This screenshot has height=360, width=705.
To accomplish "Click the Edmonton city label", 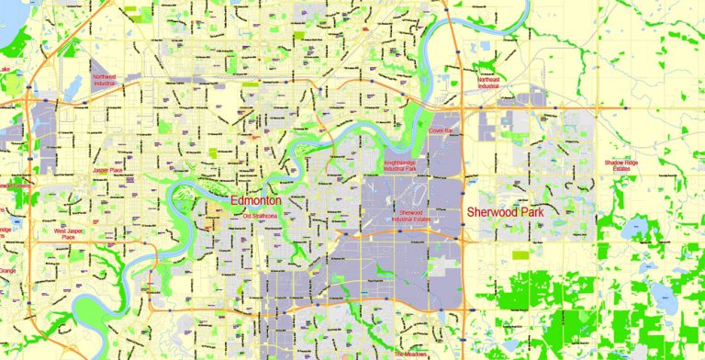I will (255, 200).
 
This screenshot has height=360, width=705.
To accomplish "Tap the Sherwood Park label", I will (505, 211).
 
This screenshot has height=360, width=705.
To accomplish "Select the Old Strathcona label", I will (260, 216).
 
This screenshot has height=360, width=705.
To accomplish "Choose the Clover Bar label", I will (441, 131).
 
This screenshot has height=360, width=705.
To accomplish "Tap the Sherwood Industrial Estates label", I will (411, 217).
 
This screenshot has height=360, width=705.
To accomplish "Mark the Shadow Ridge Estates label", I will (621, 165).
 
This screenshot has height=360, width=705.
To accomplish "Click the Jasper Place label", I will (106, 170).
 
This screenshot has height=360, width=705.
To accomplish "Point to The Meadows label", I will (412, 354).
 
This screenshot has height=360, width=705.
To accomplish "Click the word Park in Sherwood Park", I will (530, 211).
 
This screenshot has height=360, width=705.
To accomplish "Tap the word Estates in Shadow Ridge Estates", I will (621, 169).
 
